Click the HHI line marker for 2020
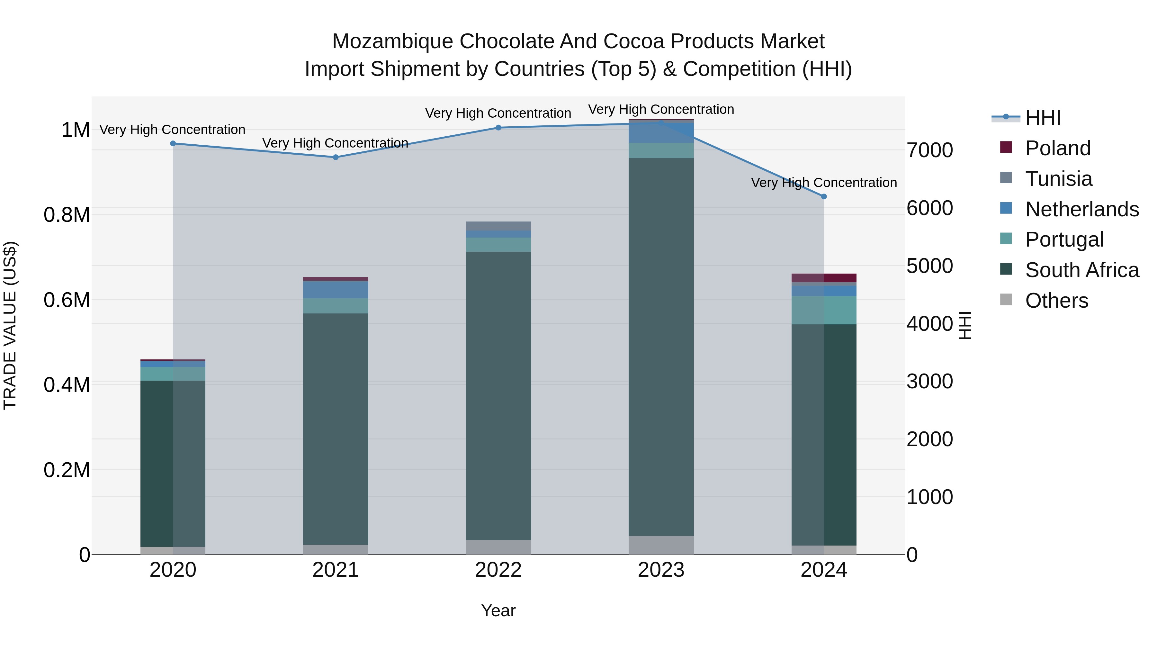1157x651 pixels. click(x=173, y=143)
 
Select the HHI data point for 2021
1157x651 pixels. click(x=336, y=157)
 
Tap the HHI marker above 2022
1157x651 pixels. click(x=498, y=128)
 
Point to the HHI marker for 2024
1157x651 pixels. click(x=824, y=196)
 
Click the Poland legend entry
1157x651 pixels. click(x=1058, y=148)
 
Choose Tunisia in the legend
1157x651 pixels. click(x=1059, y=179)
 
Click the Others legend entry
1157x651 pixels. click(x=1056, y=301)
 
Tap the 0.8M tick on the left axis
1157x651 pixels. click(x=67, y=215)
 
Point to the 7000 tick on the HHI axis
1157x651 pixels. click(x=929, y=150)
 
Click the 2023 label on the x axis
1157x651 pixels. click(x=661, y=570)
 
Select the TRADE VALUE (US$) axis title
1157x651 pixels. click(x=10, y=325)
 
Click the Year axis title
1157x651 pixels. click(x=498, y=610)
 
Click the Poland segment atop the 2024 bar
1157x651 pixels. click(x=824, y=278)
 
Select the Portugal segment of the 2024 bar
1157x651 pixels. click(x=824, y=310)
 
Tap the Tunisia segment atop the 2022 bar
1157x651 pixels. click(x=498, y=226)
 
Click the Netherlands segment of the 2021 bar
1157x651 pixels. click(x=336, y=289)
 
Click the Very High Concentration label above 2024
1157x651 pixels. click(x=824, y=183)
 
